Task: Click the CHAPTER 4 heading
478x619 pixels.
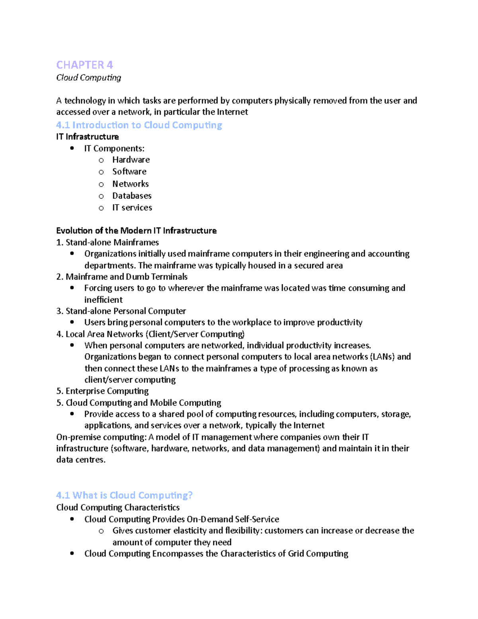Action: (x=84, y=65)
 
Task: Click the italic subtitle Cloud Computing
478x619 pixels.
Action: (x=88, y=78)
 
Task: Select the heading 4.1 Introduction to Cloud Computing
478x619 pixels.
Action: (x=139, y=125)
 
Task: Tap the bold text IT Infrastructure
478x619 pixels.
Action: (x=87, y=137)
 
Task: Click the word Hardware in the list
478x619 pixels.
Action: (x=131, y=160)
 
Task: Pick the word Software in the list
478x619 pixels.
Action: (x=129, y=172)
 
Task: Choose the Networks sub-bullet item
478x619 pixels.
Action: (x=130, y=184)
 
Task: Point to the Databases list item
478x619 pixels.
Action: (x=132, y=196)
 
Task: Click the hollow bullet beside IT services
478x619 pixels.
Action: (x=101, y=208)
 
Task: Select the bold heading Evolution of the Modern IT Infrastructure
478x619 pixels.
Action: (x=136, y=231)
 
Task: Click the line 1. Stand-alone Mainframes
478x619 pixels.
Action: (x=108, y=242)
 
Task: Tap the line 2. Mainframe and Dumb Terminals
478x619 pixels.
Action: (x=122, y=277)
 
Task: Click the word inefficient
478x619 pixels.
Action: (x=103, y=300)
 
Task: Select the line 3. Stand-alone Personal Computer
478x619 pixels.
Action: (x=121, y=311)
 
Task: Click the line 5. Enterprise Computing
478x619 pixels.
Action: (x=102, y=391)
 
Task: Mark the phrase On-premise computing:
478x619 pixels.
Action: (x=102, y=437)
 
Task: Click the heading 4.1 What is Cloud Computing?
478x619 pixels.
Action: (x=124, y=495)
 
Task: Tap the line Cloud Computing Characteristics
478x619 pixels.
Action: (x=118, y=507)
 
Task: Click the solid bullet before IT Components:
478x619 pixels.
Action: (x=72, y=148)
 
